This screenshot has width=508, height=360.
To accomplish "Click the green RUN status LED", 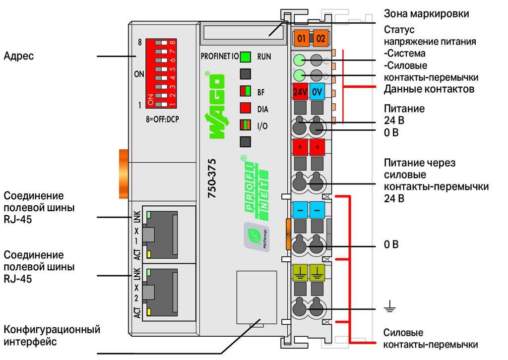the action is [x=245, y=57].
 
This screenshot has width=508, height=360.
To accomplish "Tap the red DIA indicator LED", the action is [x=245, y=108].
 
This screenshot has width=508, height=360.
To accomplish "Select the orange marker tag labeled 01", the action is [x=301, y=39].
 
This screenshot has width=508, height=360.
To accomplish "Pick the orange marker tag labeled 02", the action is [x=320, y=39].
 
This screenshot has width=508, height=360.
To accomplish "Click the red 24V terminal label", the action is [x=300, y=92].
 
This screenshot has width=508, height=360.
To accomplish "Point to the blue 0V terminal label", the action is [x=317, y=92].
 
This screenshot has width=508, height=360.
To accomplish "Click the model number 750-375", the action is [x=212, y=178].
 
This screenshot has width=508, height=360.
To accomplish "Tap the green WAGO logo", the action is [x=215, y=105].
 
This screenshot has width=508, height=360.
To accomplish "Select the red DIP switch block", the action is [x=161, y=73].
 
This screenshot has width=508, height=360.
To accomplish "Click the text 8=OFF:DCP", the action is [x=162, y=119].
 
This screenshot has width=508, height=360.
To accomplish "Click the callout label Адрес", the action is [x=18, y=56].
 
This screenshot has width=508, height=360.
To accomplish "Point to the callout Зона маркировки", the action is [x=426, y=13].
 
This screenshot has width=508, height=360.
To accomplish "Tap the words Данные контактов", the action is [x=429, y=89].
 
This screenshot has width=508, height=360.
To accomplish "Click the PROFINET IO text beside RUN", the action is [x=220, y=57].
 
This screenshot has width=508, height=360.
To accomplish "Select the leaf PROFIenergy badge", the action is [x=256, y=237].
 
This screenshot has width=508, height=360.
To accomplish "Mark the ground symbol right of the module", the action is [x=390, y=306].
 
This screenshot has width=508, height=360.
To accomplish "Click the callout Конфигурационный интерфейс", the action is [x=52, y=335].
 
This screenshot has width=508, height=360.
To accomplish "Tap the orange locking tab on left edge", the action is [x=124, y=174].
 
